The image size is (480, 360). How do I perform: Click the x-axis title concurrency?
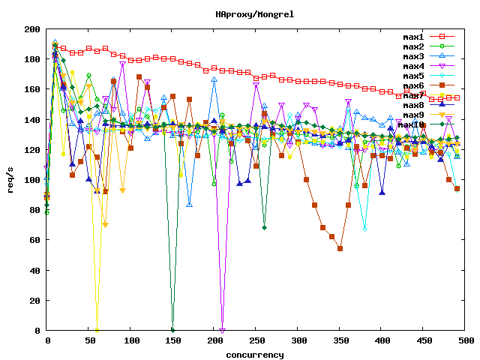point(255,354)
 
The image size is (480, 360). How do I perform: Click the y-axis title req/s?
point(10,180)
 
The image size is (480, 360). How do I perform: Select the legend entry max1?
point(414,37)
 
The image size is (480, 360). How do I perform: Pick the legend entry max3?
point(414,56)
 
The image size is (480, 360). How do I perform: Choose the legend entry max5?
point(414,76)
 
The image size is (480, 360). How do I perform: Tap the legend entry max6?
point(414,85)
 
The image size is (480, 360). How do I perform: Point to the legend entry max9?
point(414,115)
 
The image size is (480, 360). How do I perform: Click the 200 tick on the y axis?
point(32,29)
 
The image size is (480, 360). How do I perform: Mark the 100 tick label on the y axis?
point(32,180)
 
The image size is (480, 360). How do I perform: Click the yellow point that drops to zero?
point(97,330)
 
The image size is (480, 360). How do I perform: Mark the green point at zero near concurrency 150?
point(172,330)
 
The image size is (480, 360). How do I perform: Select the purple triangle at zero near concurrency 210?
point(223,330)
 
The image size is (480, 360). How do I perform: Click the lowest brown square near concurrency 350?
point(340,248)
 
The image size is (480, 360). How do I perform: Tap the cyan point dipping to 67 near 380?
point(365,229)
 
